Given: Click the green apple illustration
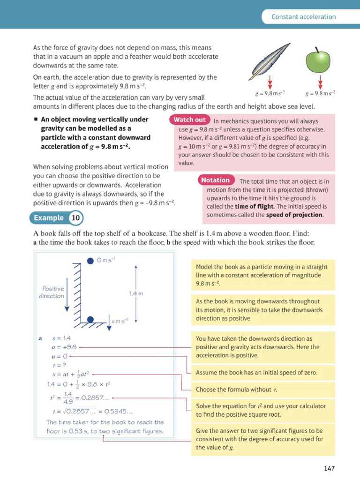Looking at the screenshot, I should pos(318,61).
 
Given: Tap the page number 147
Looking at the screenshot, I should pos(329,468).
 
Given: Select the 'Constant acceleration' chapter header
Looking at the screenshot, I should pos(304,17).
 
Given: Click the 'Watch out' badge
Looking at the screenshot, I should pos(189,120).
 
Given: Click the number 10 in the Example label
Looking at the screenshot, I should pos(75,218).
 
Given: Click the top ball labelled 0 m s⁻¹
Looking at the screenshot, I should pos(90,261).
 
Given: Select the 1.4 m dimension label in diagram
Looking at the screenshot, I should pos(135,293).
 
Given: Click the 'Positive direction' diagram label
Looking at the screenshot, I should pos(52,292).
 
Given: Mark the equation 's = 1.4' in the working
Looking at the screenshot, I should pos(61,338).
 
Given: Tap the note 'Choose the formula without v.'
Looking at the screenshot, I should pos(234,390).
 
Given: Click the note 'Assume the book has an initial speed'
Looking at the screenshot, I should pos(256,373).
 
